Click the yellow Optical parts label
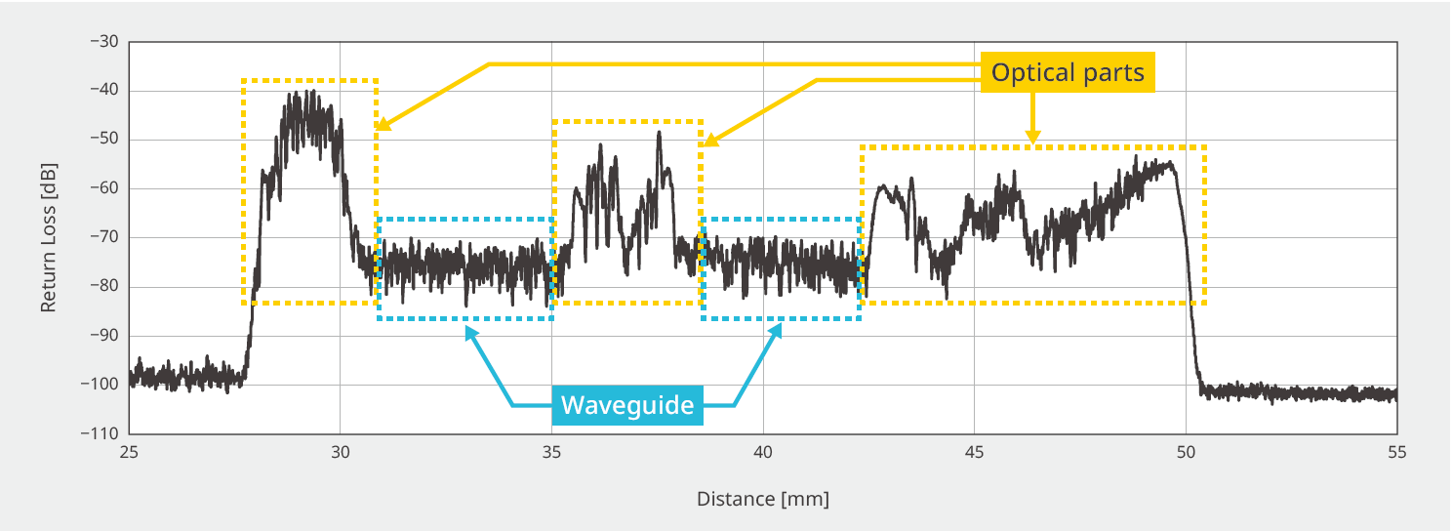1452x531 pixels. tap(1068, 72)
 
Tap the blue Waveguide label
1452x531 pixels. tap(627, 405)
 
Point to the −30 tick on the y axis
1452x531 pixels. tap(103, 42)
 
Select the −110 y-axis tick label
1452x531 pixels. tap(100, 433)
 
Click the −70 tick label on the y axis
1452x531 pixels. tap(103, 237)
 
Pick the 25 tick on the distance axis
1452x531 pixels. tap(129, 452)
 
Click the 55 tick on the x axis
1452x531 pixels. tap(1396, 452)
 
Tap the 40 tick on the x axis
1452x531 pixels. tap(763, 452)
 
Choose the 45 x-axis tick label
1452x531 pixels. tap(974, 452)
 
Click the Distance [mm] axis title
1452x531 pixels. tap(762, 499)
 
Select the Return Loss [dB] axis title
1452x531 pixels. tap(48, 237)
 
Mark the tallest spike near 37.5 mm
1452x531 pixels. tap(660, 133)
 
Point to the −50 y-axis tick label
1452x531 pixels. tap(103, 140)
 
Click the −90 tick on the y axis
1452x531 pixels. tap(103, 335)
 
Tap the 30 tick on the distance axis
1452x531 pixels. tap(340, 452)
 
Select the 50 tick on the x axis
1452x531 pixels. tap(1186, 452)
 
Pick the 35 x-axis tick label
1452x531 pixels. tap(551, 452)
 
